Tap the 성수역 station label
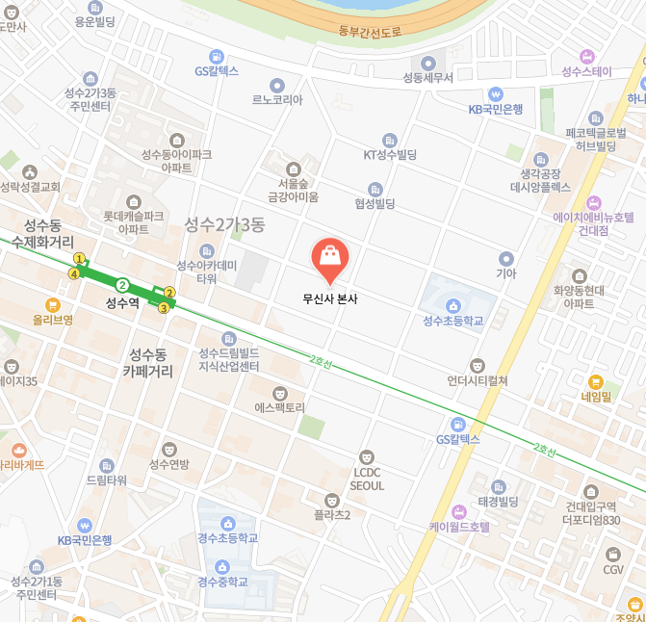[122, 302]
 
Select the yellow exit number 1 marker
[80, 259]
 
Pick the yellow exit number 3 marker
[164, 308]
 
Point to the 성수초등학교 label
[452, 321]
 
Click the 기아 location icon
[506, 258]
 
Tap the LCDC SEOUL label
[368, 479]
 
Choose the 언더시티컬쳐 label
[478, 380]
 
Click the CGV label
[613, 570]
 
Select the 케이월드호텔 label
[459, 527]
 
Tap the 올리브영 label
[39, 321]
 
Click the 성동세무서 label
[427, 77]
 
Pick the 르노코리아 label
[277, 99]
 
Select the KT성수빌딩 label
[389, 154]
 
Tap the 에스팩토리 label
[279, 407]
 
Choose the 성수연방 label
[169, 465]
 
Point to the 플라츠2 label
[332, 514]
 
